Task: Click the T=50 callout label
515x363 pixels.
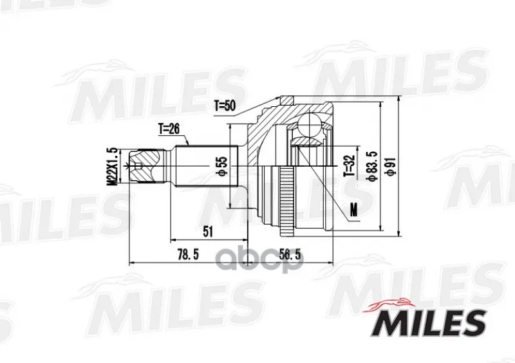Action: click(225, 106)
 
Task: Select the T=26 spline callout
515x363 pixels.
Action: click(169, 129)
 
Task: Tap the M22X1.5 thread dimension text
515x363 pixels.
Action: click(113, 167)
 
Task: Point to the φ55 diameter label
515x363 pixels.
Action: click(222, 166)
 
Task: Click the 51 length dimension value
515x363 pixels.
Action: click(208, 232)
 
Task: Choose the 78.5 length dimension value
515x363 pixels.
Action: click(188, 254)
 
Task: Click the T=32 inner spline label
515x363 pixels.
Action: click(350, 165)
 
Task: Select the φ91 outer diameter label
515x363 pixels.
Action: click(391, 166)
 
